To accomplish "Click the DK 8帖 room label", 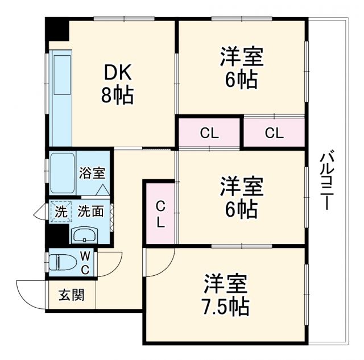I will tap(117, 84).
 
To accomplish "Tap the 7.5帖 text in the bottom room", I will tap(226, 307).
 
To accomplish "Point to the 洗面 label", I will tap(90, 211).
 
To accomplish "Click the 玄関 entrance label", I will tap(71, 296).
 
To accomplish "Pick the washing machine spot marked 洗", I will tap(60, 211).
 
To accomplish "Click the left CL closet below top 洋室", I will tap(209, 134).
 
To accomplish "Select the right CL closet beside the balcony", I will tap(274, 134).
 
